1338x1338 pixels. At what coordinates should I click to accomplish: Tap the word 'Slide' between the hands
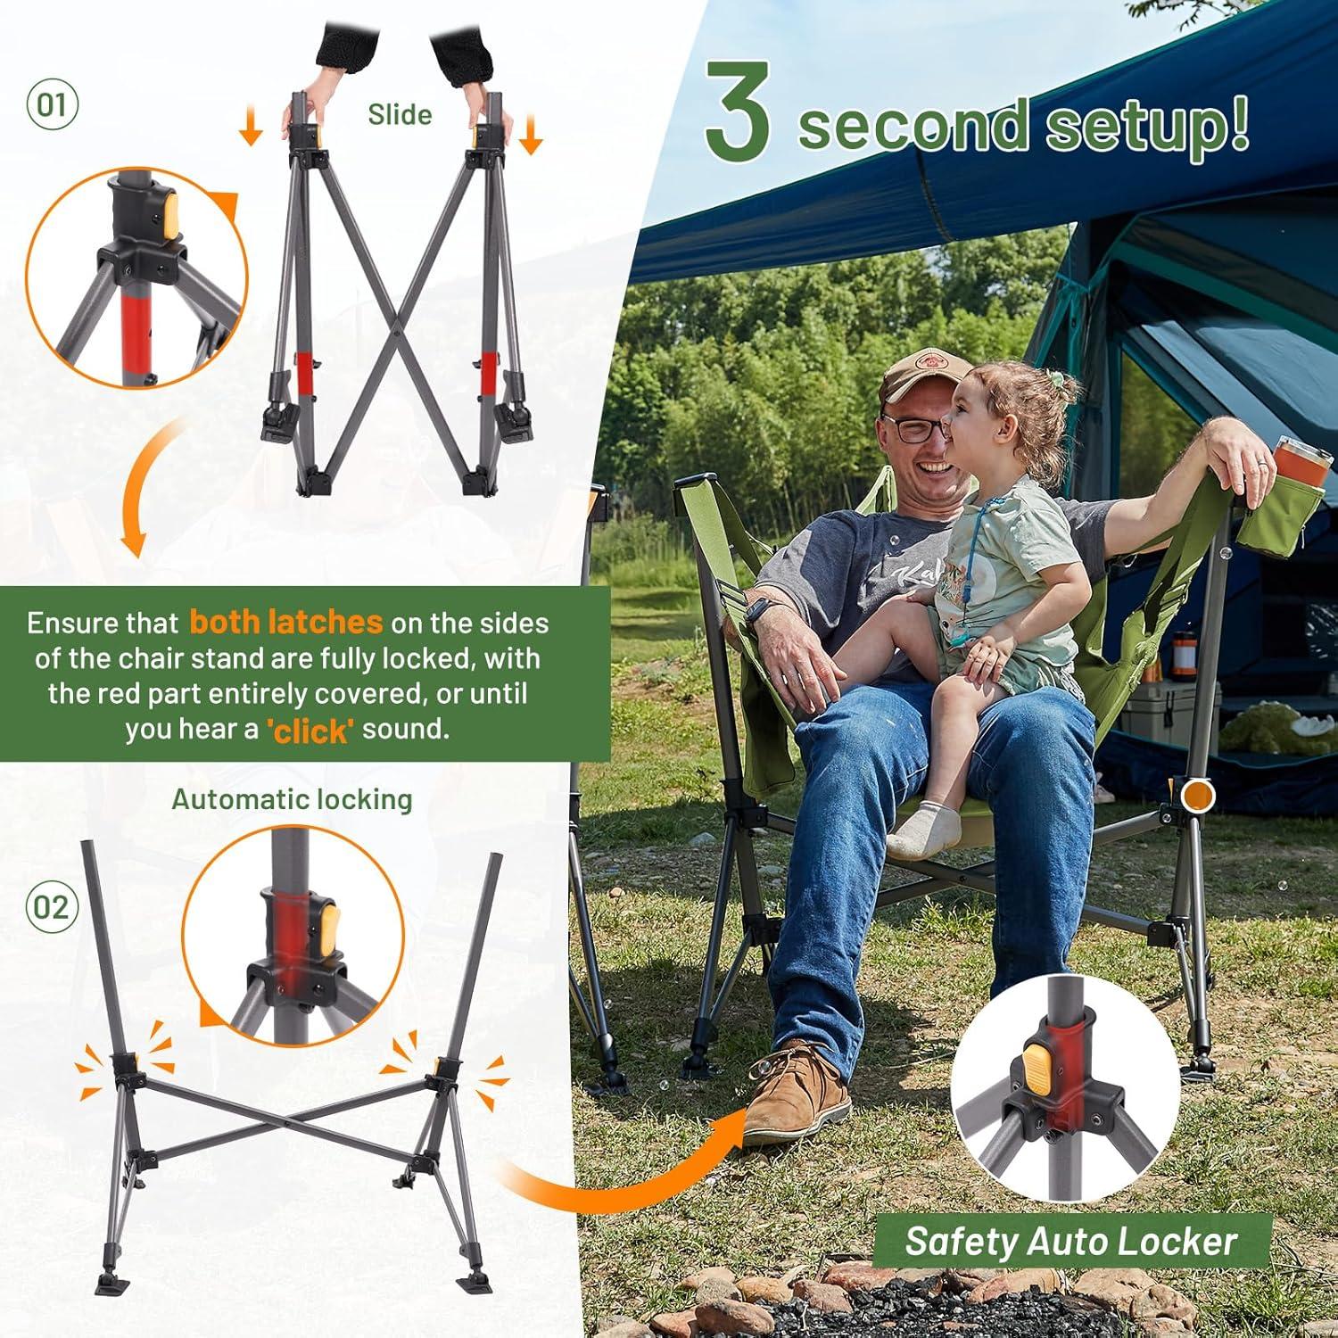[400, 115]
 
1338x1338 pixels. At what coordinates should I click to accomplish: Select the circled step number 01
[52, 104]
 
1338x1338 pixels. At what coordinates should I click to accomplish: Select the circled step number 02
[52, 907]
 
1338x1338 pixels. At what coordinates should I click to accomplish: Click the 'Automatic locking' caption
[293, 799]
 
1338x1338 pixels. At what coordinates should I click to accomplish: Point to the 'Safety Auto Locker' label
[1071, 1241]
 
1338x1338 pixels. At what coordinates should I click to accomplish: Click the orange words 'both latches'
[286, 622]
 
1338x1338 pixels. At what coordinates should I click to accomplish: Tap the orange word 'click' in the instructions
[310, 731]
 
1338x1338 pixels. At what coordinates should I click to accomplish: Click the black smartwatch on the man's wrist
[756, 615]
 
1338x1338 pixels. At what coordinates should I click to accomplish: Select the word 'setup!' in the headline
[1147, 127]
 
